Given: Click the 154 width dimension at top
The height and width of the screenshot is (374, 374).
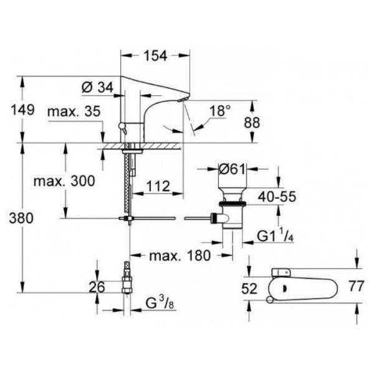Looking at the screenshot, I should (x=155, y=56).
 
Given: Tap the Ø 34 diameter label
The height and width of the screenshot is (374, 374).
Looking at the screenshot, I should (x=97, y=88).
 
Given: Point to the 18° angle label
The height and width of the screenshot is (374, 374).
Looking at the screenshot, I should (x=220, y=111).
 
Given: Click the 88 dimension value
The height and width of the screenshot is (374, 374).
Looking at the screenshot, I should (x=251, y=123).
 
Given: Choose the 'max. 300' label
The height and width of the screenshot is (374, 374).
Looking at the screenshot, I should (x=64, y=181).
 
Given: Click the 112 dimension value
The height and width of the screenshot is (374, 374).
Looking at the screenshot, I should (x=159, y=185).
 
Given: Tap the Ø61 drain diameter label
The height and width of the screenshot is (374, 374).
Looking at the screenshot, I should (x=231, y=168).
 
